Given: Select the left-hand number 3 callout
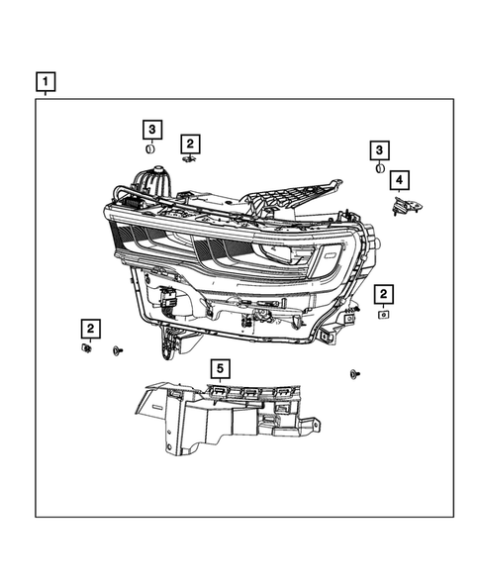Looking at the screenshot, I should [x=151, y=130].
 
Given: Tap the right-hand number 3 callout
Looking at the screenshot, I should [x=380, y=149].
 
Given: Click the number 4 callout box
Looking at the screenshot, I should [x=399, y=180].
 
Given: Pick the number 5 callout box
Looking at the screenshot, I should [x=220, y=369].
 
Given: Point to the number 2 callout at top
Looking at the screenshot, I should [x=190, y=143].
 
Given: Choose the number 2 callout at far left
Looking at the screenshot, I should [x=89, y=328].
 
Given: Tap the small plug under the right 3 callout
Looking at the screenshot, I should [x=380, y=168].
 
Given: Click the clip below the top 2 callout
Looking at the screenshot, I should [x=189, y=159].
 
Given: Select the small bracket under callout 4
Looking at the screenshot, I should [x=405, y=205].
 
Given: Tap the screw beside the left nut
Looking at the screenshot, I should [x=118, y=350].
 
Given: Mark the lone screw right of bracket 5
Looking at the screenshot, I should [x=353, y=373].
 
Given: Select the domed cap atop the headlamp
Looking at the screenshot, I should [x=154, y=183].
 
